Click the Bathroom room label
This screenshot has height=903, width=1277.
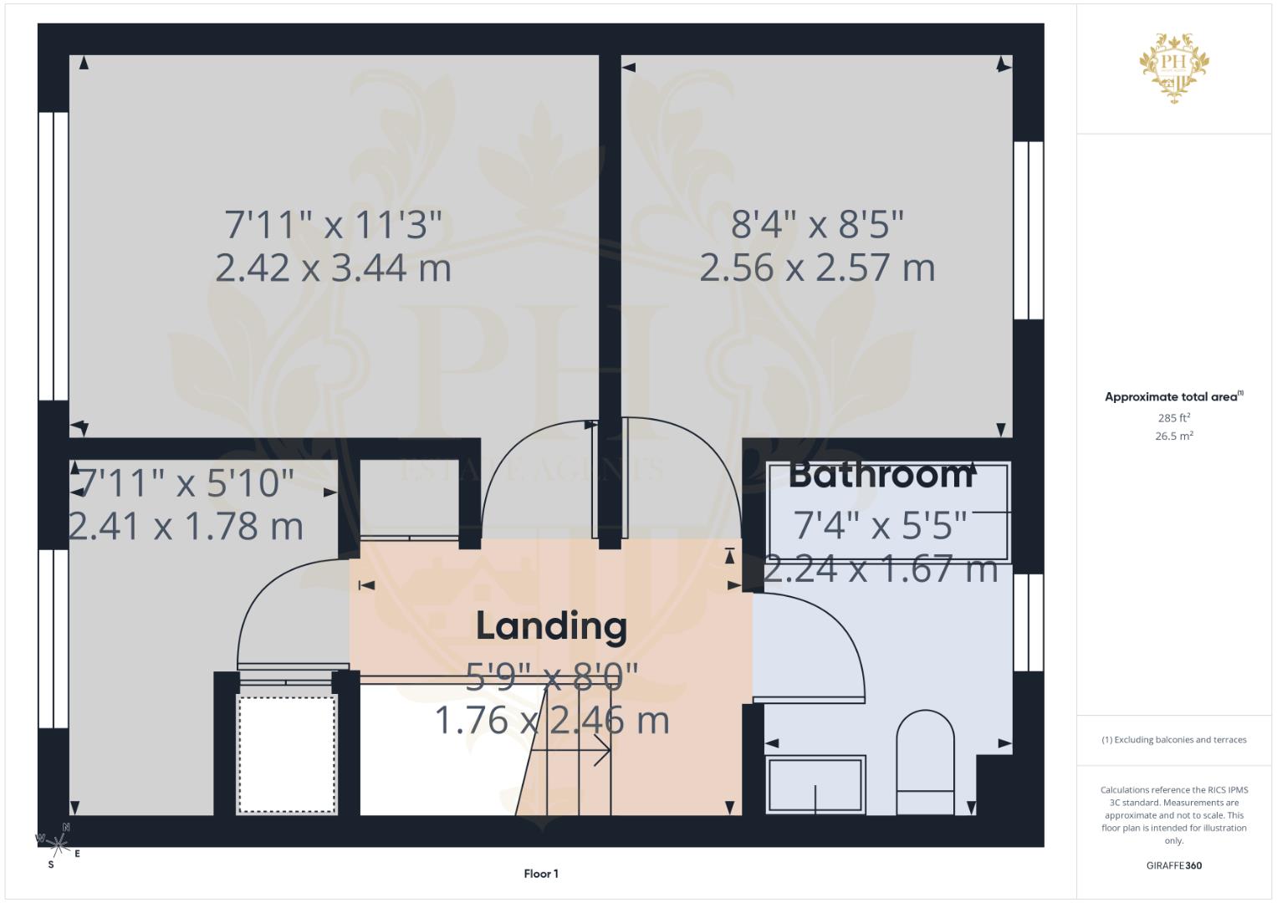tap(881, 475)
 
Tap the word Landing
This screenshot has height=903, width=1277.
tap(551, 626)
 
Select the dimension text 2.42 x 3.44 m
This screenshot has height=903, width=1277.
tap(333, 268)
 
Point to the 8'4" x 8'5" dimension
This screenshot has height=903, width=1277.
tap(817, 225)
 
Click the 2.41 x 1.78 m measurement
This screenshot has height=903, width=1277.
tap(186, 527)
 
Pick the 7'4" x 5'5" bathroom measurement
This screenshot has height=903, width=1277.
tap(880, 526)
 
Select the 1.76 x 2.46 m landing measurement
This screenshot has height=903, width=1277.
tap(551, 721)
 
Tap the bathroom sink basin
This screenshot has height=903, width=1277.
tap(816, 784)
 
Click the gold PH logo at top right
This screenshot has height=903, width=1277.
tap(1174, 68)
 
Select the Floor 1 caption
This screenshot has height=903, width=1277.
tap(541, 874)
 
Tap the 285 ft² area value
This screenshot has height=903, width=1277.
tap(1173, 418)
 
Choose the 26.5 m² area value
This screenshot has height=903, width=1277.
tap(1173, 436)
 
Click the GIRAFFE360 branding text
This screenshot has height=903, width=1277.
tap(1173, 865)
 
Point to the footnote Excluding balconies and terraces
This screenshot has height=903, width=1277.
tap(1173, 740)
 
